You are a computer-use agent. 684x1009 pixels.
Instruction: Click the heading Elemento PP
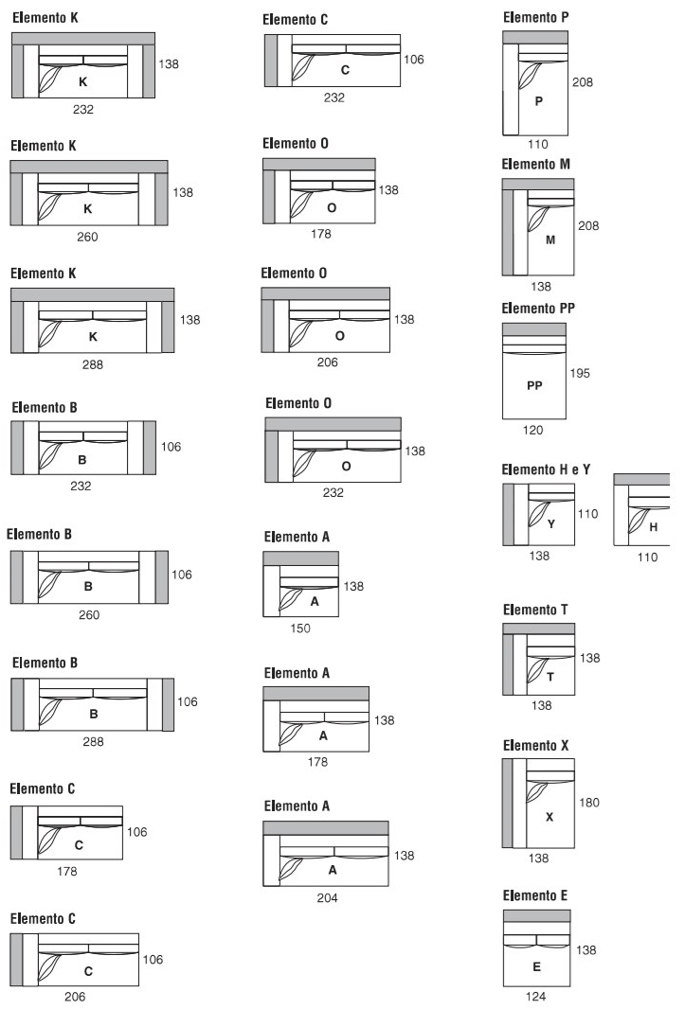538,309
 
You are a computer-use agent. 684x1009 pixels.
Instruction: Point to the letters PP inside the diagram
534,385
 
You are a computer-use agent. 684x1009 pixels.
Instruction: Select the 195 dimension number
580,373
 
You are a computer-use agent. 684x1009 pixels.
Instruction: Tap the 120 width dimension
532,430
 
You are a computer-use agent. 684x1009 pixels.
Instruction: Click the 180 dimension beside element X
588,803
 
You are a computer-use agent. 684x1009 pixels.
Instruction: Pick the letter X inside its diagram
549,817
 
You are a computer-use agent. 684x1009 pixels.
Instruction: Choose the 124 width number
535,996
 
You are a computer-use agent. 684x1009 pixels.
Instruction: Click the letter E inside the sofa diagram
536,966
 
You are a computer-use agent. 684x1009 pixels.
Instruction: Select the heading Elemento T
535,610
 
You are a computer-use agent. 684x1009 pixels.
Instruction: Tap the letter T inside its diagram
550,677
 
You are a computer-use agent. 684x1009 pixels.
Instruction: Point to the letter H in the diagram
653,527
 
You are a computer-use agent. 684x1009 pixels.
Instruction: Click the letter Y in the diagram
550,523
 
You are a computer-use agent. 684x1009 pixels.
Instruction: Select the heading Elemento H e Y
546,469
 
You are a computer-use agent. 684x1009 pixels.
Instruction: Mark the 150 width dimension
300,628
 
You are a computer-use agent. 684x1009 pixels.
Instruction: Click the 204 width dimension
327,897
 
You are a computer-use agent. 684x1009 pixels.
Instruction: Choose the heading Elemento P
536,17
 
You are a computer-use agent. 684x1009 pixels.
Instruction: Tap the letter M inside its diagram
550,240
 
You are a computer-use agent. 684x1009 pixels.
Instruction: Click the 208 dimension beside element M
588,226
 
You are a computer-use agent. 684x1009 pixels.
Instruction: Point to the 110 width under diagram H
647,558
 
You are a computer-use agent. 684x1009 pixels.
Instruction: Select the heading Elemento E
535,895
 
